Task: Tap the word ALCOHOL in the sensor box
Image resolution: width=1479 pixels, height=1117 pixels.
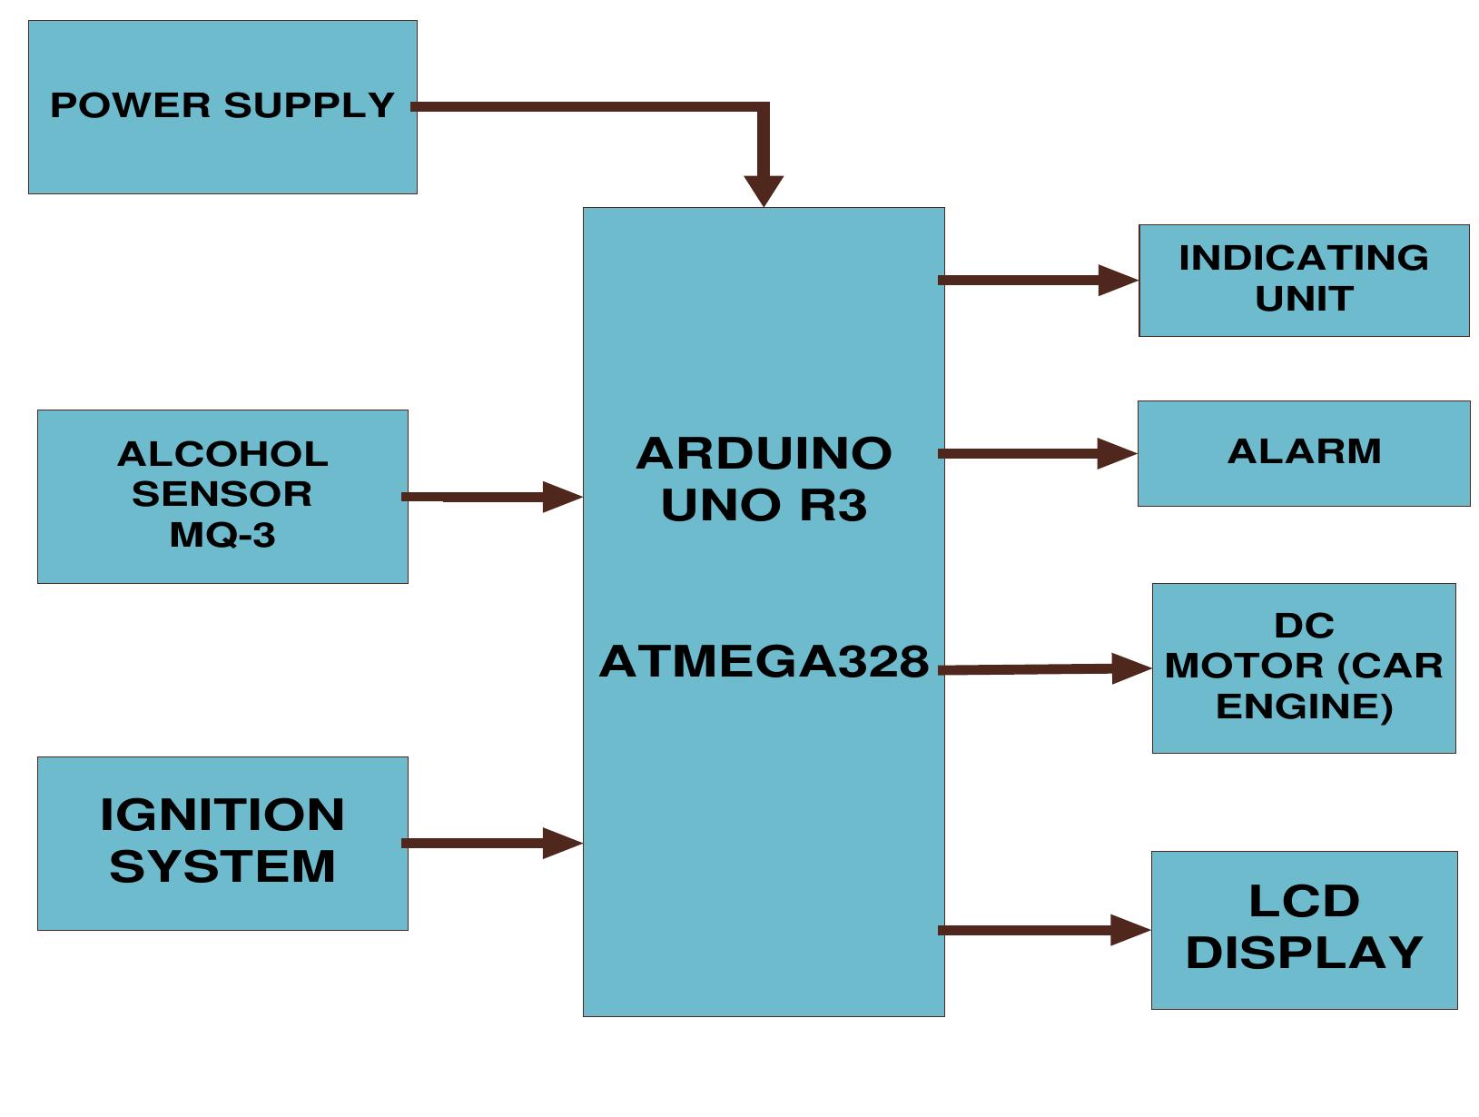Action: tap(222, 454)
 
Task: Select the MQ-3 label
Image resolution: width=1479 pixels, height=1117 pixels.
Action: tap(222, 535)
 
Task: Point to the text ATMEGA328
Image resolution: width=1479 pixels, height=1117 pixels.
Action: tap(764, 661)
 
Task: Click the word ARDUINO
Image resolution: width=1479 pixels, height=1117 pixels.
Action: tap(764, 453)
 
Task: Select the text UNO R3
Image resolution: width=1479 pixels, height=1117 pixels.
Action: tap(764, 505)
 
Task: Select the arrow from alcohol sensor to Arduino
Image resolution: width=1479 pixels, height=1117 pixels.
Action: tap(490, 497)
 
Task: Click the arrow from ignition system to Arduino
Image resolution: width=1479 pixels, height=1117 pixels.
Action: tap(490, 843)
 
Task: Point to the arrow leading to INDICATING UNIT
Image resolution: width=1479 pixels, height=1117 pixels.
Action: tap(1035, 280)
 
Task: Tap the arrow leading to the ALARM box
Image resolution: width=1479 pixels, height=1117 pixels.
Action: tap(1035, 453)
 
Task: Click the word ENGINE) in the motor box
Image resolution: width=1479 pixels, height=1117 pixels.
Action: tap(1304, 707)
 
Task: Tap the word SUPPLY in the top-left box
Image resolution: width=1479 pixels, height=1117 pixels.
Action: tap(309, 105)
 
